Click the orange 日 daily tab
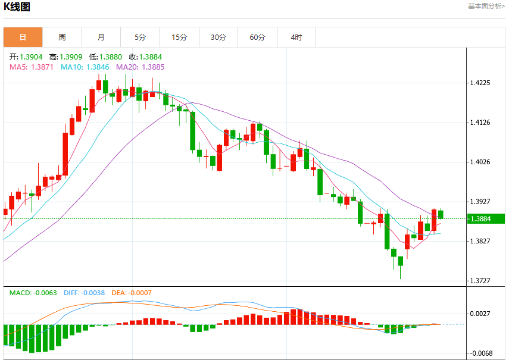pos(23,37)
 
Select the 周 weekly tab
pos(62,37)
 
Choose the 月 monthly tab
pos(101,37)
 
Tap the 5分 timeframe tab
pos(140,37)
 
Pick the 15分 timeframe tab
pos(179,37)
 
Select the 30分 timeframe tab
pos(218,37)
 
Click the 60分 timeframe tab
pos(257,37)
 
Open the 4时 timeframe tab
pos(296,37)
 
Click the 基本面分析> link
pos(486,6)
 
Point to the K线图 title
pos(17,7)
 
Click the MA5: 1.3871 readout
pos(32,67)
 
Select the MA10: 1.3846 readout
pos(85,67)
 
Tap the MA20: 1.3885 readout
pos(141,67)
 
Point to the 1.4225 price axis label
pos(480,83)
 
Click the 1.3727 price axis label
pos(480,281)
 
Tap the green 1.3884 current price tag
pos(486,218)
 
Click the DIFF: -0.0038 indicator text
pos(85,293)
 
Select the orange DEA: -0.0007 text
pos(132,293)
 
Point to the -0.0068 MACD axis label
pos(480,353)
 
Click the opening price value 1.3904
pos(31,57)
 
